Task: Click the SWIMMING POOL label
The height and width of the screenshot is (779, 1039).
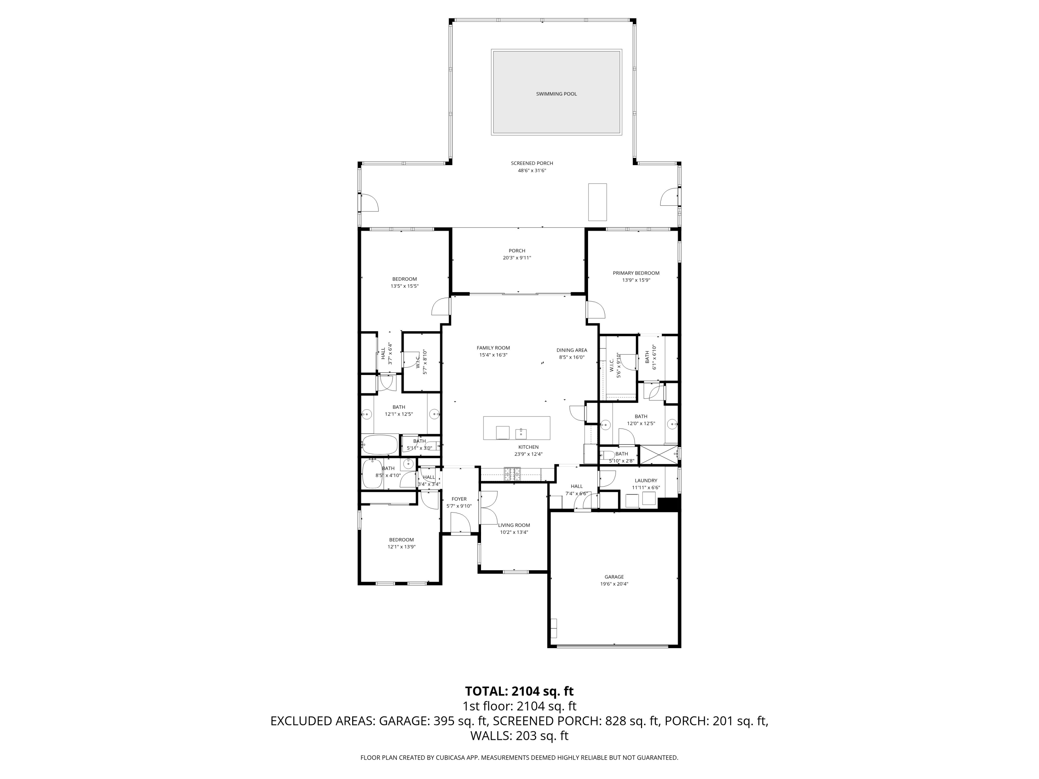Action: (556, 94)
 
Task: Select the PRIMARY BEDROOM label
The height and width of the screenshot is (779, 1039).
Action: (636, 273)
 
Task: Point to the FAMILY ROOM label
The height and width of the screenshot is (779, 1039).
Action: (493, 348)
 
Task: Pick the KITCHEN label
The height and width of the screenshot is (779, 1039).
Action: (529, 447)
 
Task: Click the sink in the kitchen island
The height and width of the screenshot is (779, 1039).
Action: (521, 433)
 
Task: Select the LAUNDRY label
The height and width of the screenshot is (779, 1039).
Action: (646, 480)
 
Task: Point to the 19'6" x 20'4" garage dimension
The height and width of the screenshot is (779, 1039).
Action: (614, 584)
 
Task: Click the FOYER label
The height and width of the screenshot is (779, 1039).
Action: (459, 499)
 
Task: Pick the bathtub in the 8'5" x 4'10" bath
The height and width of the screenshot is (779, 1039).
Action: (372, 473)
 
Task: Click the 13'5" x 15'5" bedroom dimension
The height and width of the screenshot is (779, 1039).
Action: (405, 286)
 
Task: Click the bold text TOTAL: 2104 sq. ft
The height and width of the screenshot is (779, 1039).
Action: (519, 691)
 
